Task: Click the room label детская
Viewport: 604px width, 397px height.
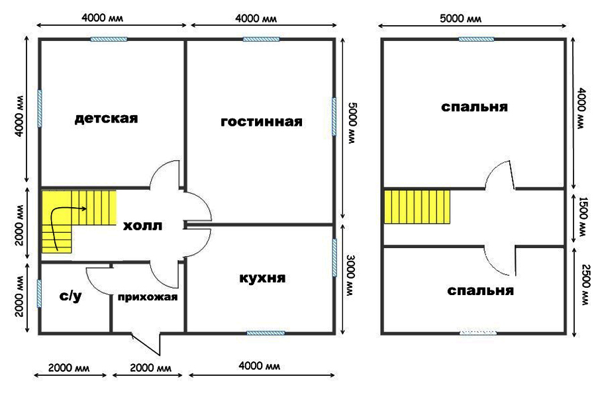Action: [x=106, y=118]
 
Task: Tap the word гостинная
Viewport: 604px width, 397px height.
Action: [x=262, y=122]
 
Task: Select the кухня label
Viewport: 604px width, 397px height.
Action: [x=262, y=278]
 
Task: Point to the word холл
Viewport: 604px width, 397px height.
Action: [x=142, y=226]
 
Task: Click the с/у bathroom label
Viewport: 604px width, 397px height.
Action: [x=70, y=296]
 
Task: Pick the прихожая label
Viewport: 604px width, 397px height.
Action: [x=148, y=297]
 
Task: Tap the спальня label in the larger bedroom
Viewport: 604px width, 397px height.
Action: [x=474, y=107]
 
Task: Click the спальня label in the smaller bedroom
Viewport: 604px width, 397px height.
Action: [x=480, y=290]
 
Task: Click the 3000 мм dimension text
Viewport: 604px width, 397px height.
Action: [x=350, y=275]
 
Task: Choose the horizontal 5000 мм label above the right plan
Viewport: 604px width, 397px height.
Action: [x=461, y=18]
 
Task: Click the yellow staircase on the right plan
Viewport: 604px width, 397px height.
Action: [x=417, y=206]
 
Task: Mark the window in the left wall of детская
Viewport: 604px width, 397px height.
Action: [x=39, y=108]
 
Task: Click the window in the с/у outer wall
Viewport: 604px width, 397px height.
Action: [x=39, y=293]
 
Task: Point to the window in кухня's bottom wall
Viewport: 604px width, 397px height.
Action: [x=266, y=333]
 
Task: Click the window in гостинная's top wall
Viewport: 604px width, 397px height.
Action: [x=261, y=39]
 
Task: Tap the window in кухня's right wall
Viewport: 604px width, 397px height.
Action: [x=334, y=257]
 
